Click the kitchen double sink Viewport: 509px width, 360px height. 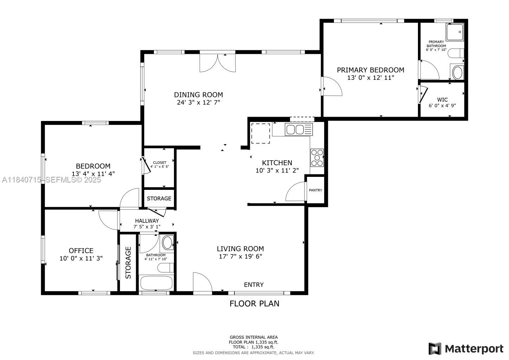coord(298,129)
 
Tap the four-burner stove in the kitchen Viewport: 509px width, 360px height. coord(317,158)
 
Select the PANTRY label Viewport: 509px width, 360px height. coord(315,190)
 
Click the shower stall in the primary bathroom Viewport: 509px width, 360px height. coord(455,32)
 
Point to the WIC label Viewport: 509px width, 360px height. coord(442,99)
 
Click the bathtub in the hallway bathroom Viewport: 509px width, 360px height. coord(156,283)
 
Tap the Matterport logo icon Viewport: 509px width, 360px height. coord(435,349)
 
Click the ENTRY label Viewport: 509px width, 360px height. coord(253,284)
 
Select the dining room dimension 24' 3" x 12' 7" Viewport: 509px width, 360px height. coord(198,103)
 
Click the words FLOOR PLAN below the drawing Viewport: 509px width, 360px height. coord(254,304)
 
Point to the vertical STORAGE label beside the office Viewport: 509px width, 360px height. coord(128,263)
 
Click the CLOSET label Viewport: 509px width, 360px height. coord(160,163)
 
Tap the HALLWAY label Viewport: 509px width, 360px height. coord(147,221)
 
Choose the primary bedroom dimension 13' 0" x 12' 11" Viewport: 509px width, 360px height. coord(371,78)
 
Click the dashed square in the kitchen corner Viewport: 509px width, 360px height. coord(260,133)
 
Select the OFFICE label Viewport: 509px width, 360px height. coord(81,251)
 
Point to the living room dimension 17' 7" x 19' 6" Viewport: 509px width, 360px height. coord(240,256)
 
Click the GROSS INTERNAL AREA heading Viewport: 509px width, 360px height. coord(253,337)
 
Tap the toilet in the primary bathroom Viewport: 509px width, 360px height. coord(456,53)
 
